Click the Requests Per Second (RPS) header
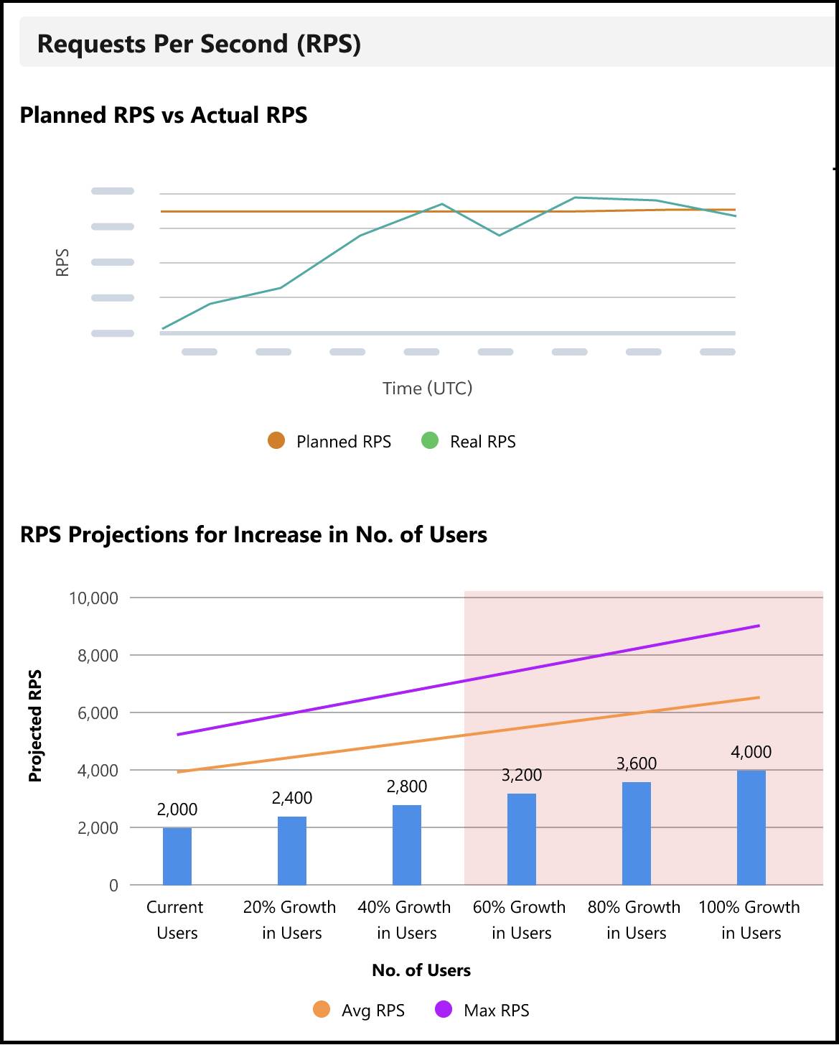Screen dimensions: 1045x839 click(x=199, y=44)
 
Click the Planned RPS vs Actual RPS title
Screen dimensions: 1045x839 click(x=164, y=115)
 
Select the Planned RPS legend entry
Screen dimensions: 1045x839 click(x=330, y=441)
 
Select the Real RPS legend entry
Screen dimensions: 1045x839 click(x=469, y=441)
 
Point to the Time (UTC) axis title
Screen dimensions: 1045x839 click(x=427, y=389)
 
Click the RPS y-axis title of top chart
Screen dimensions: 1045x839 click(x=62, y=263)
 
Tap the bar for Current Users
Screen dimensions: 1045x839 click(x=177, y=856)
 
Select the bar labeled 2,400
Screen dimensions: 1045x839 click(x=291, y=850)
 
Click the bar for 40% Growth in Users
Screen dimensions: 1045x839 click(x=406, y=845)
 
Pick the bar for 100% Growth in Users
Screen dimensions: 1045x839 click(x=751, y=827)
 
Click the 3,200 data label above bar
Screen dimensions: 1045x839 click(x=522, y=775)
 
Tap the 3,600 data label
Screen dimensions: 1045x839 click(x=637, y=763)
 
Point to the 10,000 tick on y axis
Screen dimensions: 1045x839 click(x=93, y=598)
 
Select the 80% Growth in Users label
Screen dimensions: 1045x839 click(x=634, y=920)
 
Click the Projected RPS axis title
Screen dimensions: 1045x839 click(x=35, y=725)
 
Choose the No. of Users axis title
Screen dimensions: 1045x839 click(x=421, y=970)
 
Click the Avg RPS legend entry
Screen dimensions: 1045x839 click(x=360, y=1011)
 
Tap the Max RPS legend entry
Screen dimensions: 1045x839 click(x=482, y=1011)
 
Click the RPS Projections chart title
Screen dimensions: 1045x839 click(x=253, y=534)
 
